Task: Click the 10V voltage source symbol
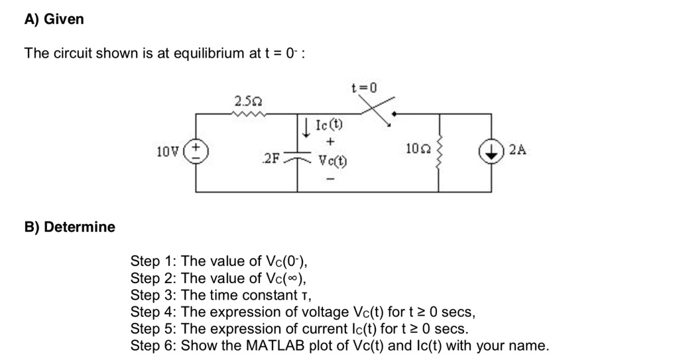[x=196, y=152]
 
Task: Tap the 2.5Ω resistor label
[x=249, y=101]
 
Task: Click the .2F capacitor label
[x=272, y=158]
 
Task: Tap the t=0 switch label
[x=363, y=88]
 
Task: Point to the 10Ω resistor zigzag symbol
[x=438, y=152]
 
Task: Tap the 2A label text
[x=518, y=150]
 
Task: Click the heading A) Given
[x=54, y=19]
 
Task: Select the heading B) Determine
[x=70, y=227]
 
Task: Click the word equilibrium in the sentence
[x=209, y=54]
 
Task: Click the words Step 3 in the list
[x=153, y=294]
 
